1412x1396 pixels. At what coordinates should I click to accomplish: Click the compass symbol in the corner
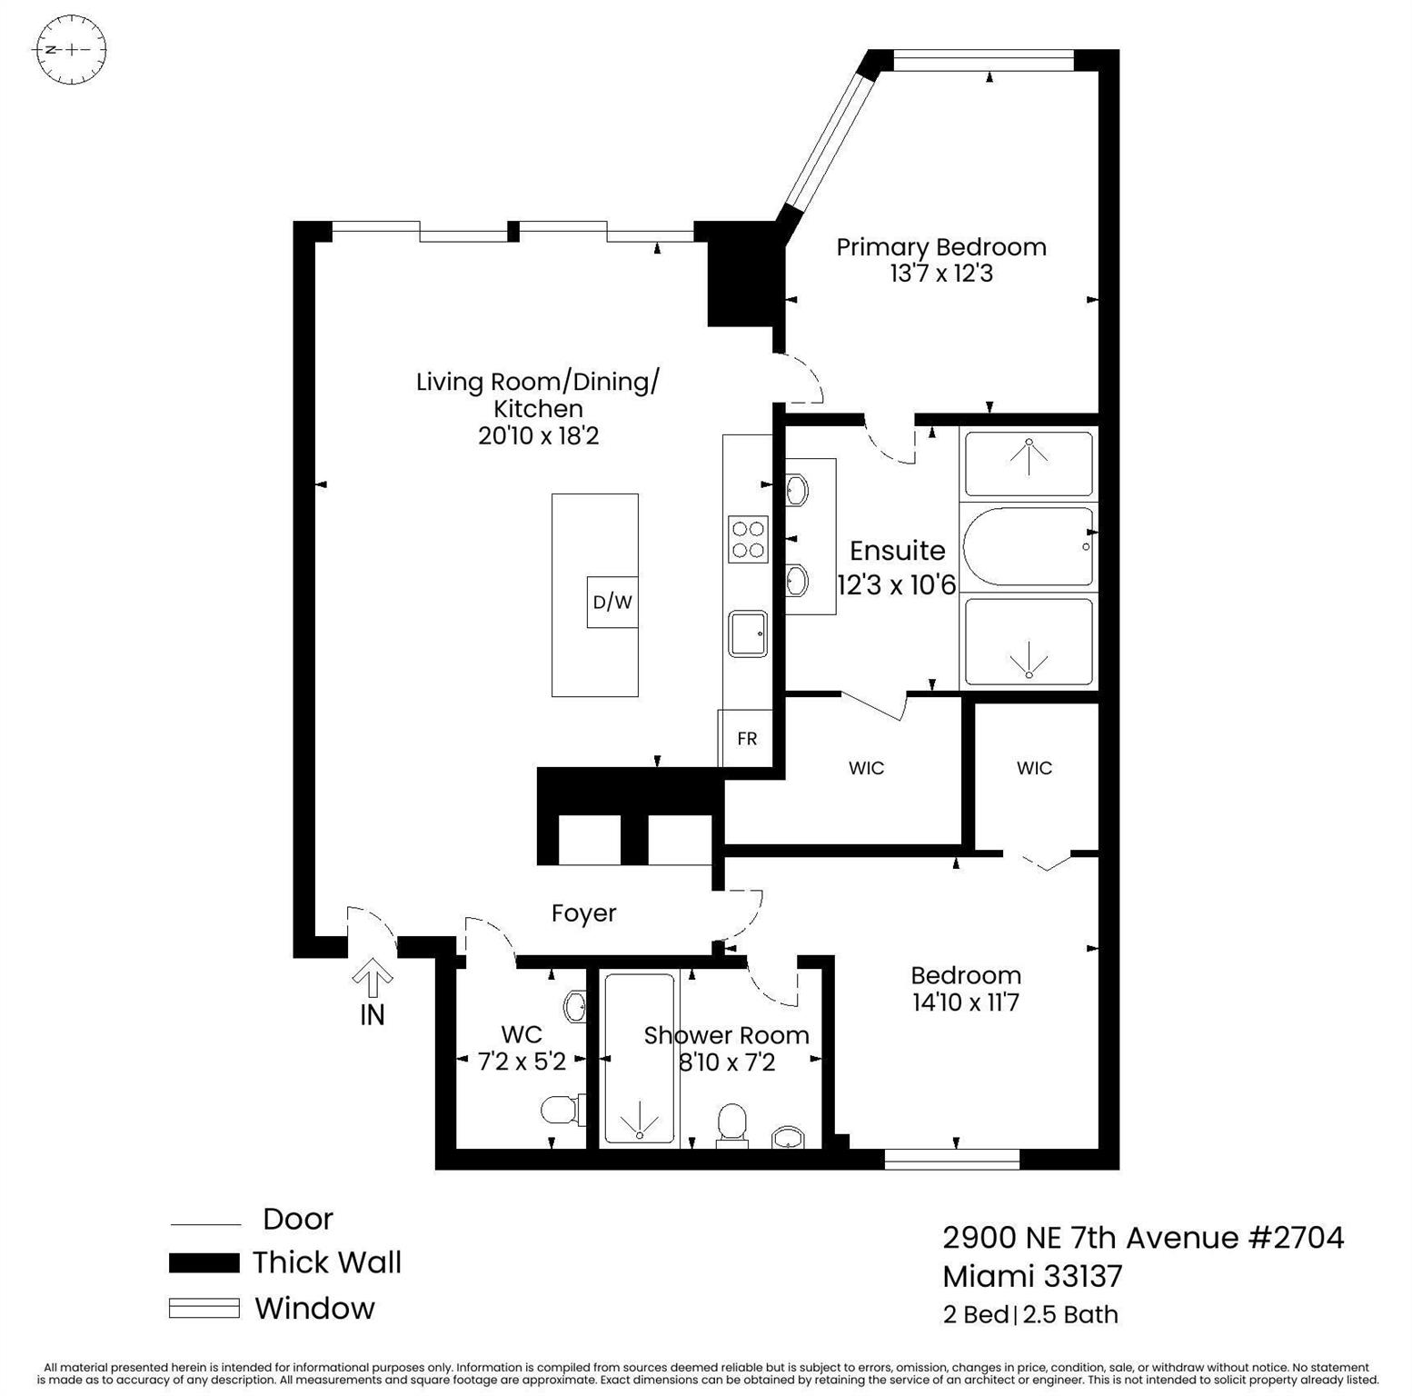[x=69, y=49]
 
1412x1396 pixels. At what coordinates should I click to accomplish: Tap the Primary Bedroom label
[x=941, y=247]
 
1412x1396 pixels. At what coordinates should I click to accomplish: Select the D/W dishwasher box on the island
[x=612, y=602]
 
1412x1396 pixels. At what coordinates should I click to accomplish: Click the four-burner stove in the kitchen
[x=748, y=539]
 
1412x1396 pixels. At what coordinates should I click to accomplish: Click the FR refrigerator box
[x=747, y=739]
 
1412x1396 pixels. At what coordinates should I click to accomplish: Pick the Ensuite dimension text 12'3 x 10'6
[x=897, y=584]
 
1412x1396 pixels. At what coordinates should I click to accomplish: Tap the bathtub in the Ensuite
[x=1029, y=546]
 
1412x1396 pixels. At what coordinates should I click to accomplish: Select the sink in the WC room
[x=573, y=1006]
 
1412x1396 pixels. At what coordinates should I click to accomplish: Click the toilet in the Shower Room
[x=731, y=1123]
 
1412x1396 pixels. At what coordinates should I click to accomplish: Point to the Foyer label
[x=584, y=913]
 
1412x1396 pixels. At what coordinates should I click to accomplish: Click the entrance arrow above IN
[x=373, y=978]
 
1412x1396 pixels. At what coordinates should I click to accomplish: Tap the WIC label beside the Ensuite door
[x=866, y=769]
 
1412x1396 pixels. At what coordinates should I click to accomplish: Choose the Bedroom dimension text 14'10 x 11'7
[x=966, y=1002]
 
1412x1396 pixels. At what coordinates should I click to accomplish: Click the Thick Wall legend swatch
[x=204, y=1262]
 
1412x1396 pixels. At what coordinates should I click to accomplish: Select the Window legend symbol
[x=204, y=1308]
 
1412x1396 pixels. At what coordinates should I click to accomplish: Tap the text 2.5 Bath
[x=1070, y=1315]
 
